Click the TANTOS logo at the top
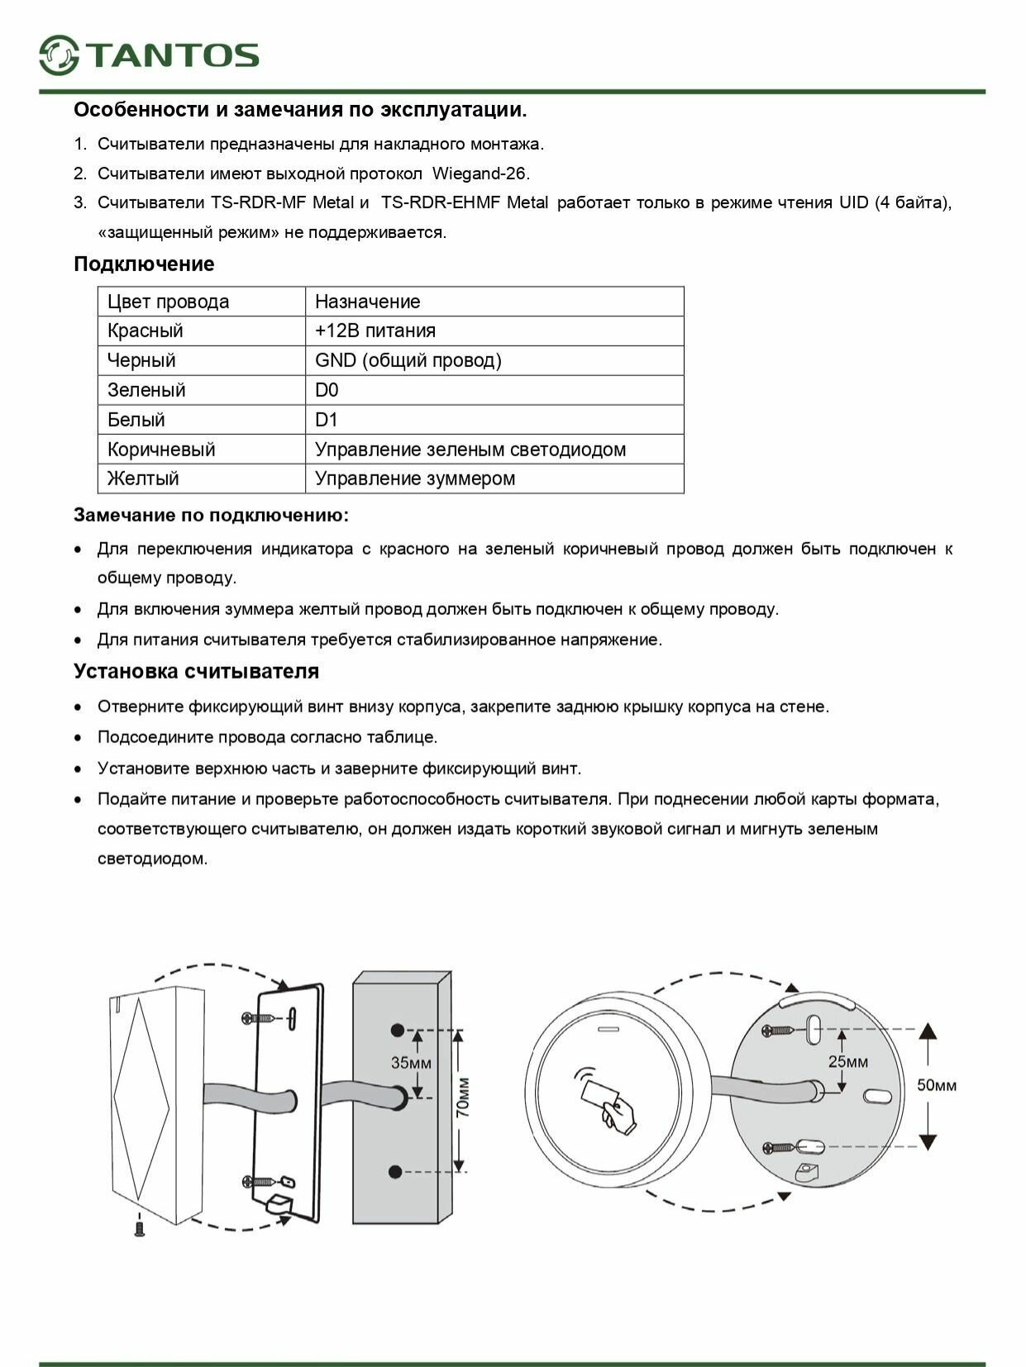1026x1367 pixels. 149,55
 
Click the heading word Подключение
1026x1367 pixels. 144,264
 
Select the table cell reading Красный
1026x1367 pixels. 146,331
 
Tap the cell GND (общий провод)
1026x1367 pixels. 408,360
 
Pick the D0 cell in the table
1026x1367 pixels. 327,390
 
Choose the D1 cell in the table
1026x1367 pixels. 327,420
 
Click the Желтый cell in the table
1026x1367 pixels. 143,479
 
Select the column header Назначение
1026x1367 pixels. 367,302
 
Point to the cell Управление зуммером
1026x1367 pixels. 414,479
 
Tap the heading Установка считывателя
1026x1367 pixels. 196,671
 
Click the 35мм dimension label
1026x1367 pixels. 411,1063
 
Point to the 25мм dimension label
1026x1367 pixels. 848,1061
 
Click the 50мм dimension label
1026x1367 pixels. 937,1085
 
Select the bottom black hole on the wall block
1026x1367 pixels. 395,1172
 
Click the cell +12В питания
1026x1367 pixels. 375,331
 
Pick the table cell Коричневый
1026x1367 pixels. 161,450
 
